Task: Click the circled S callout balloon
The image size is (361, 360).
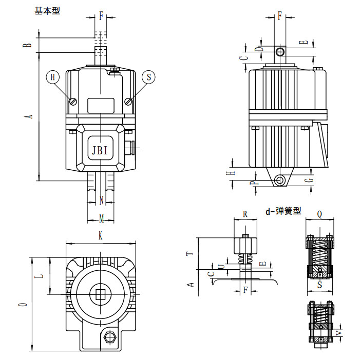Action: click(x=149, y=77)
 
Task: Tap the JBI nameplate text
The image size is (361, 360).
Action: click(x=100, y=150)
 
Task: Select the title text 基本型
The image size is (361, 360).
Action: click(x=47, y=10)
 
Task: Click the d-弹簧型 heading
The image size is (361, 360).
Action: click(x=283, y=211)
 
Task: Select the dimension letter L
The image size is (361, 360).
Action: click(x=42, y=275)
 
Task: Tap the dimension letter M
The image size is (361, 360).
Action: click(x=101, y=219)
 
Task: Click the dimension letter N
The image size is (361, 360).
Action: click(x=101, y=199)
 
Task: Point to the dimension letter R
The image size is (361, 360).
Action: click(x=245, y=213)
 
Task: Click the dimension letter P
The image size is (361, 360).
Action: click(x=252, y=183)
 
